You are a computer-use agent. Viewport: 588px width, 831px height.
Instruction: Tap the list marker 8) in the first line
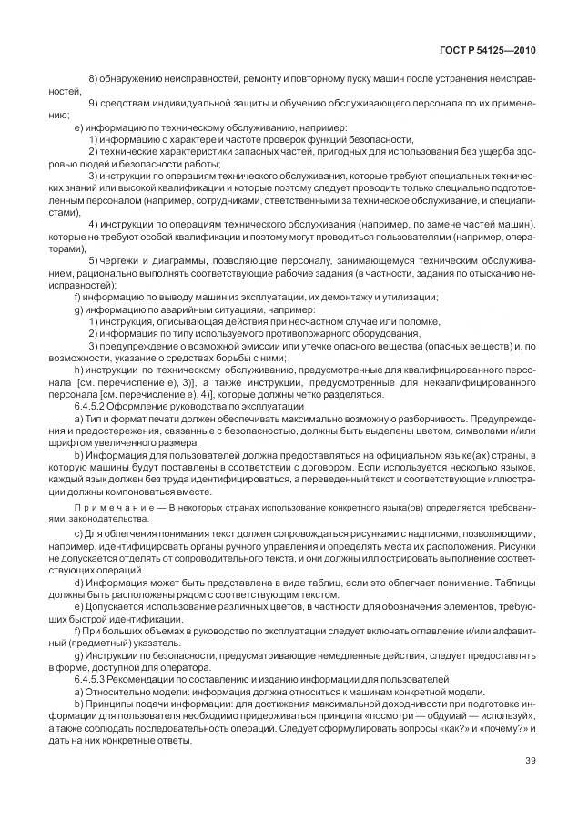(94, 81)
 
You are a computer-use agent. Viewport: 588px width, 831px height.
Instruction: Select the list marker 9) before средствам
(94, 105)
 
